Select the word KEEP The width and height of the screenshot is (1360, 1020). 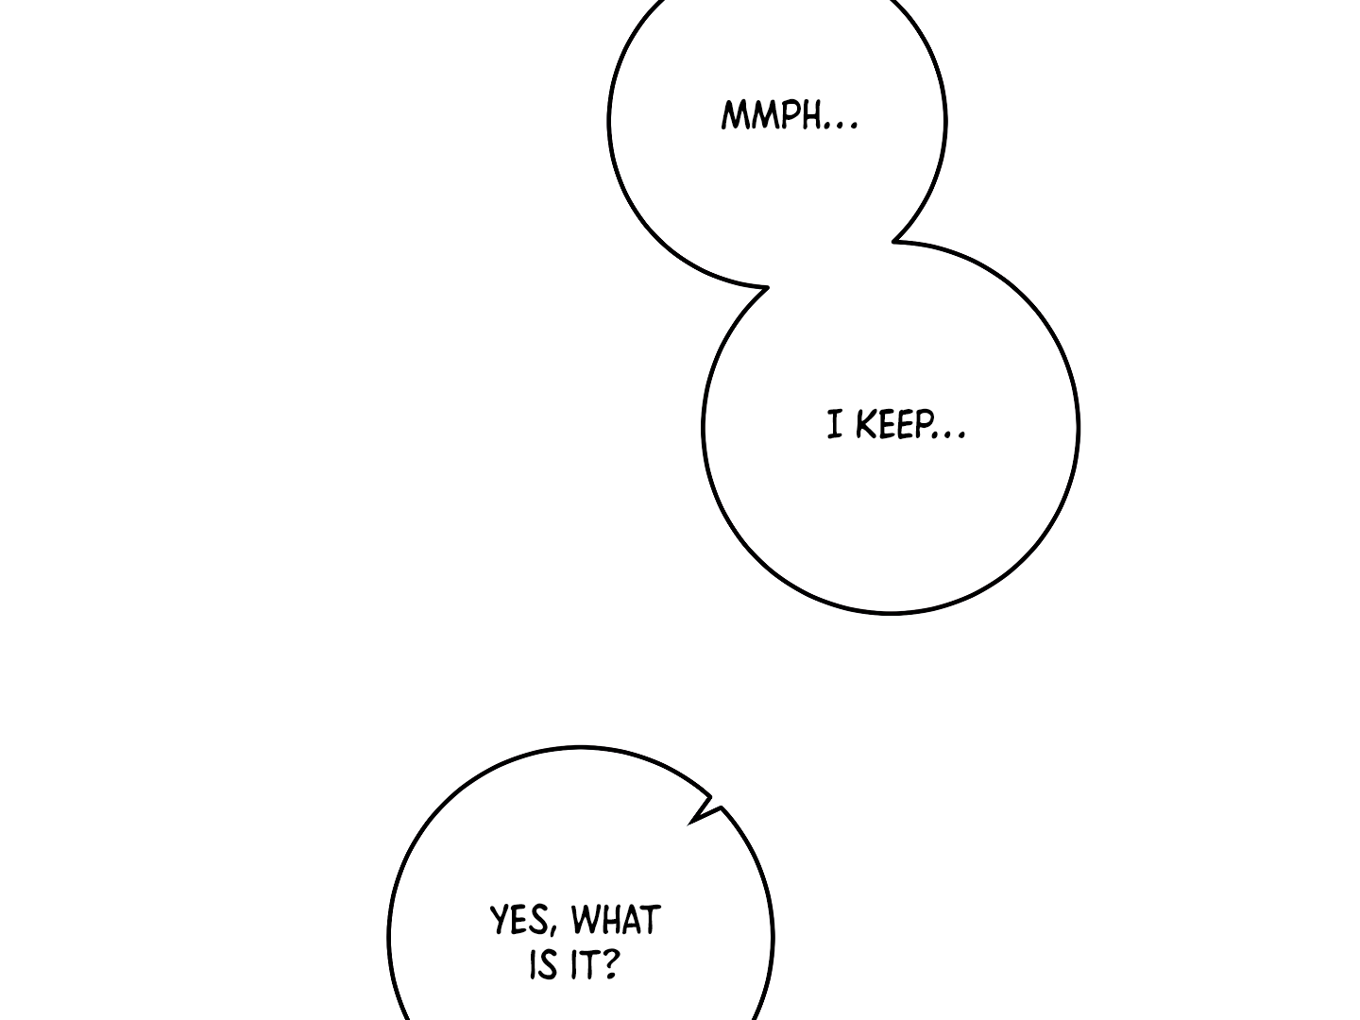894,424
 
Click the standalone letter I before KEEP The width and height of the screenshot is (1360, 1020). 835,425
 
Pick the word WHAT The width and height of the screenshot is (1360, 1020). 616,920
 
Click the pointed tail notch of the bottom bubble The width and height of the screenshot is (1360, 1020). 690,824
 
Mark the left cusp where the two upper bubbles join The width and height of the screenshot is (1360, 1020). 768,287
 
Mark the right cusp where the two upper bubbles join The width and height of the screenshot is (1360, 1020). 893,241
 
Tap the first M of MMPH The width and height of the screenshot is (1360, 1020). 733,116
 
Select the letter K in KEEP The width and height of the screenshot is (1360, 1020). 865,424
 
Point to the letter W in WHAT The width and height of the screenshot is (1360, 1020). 585,920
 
